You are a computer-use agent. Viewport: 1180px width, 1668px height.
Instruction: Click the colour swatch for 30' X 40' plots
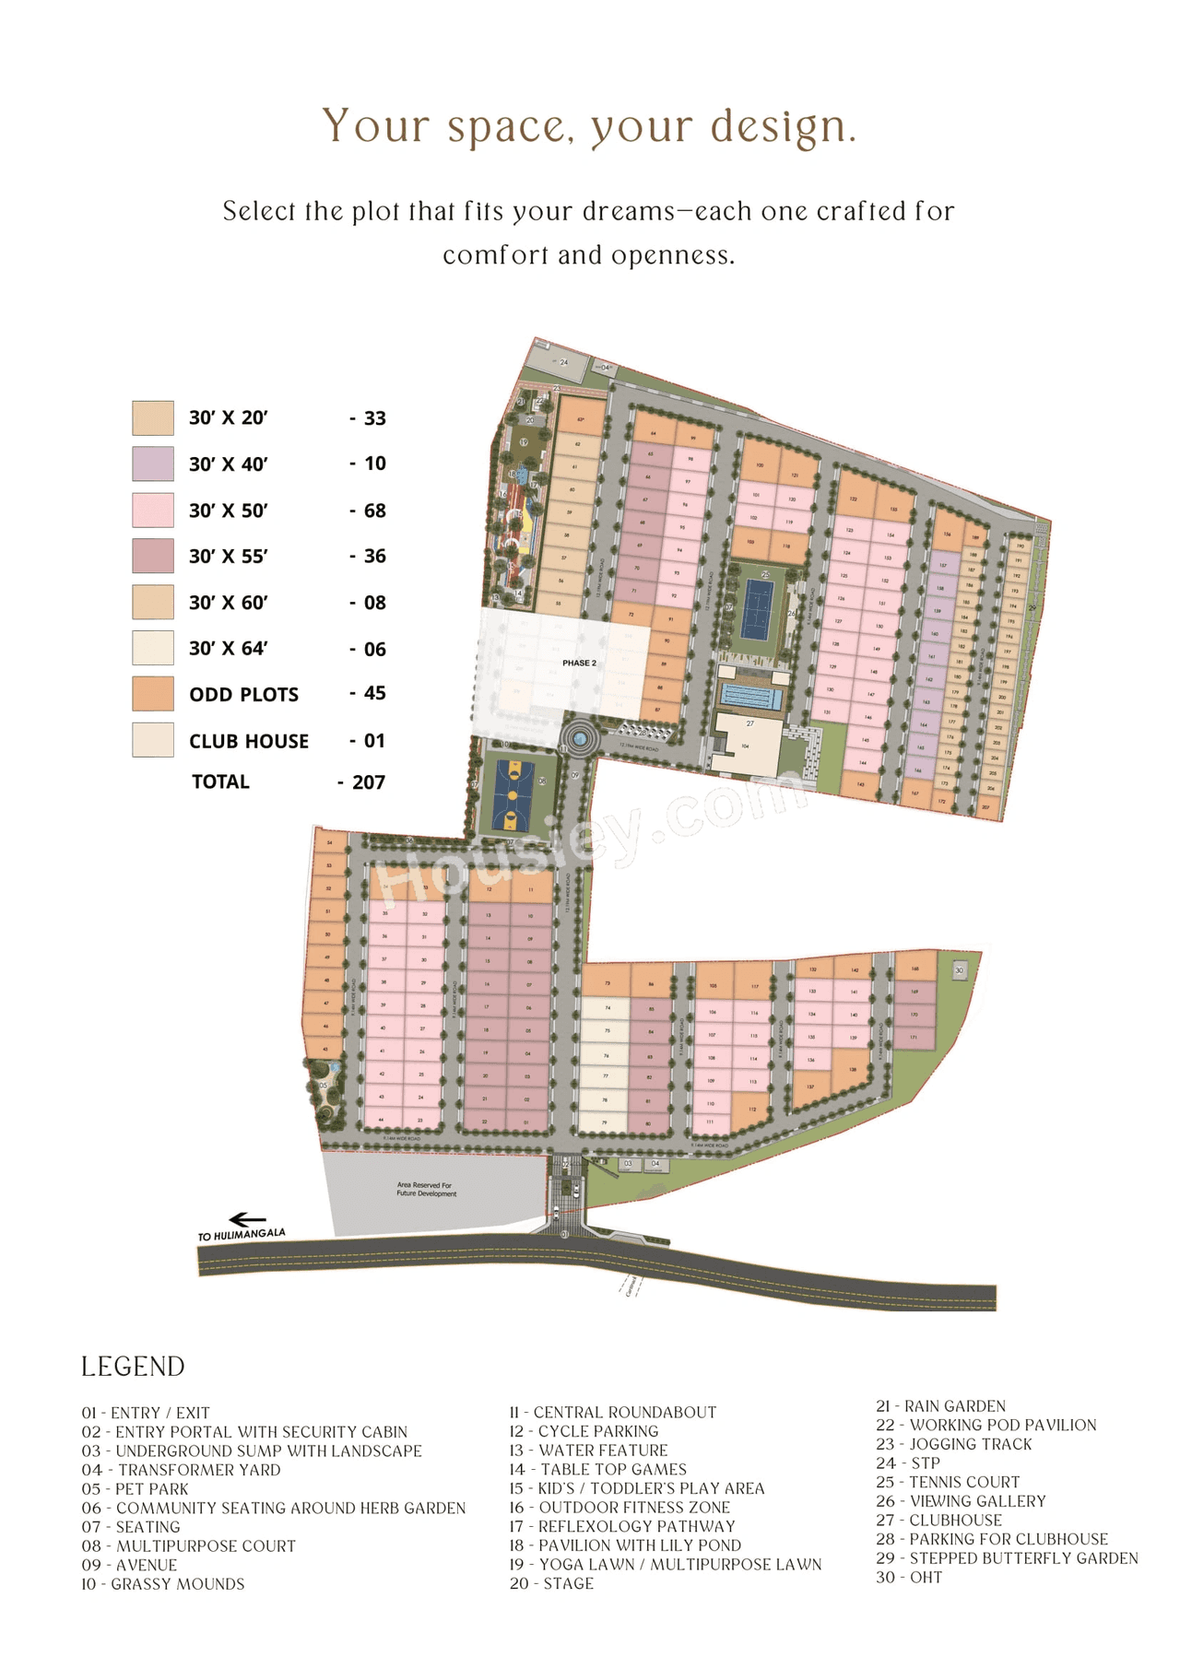[152, 464]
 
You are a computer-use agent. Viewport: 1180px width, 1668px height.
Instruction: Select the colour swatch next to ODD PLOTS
[152, 694]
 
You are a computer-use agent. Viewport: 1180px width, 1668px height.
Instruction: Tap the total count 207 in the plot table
[368, 782]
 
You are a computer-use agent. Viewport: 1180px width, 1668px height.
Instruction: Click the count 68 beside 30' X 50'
[374, 511]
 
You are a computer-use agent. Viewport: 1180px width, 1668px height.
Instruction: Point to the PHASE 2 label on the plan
[579, 663]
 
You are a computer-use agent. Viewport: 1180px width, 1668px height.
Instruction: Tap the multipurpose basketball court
[510, 795]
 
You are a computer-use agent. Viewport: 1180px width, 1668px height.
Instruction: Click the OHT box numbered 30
[959, 970]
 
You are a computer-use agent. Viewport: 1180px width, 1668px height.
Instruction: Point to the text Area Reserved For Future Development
[426, 1189]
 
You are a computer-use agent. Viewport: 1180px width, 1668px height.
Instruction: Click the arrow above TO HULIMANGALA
[246, 1220]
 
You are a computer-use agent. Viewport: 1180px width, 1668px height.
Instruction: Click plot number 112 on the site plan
[752, 1110]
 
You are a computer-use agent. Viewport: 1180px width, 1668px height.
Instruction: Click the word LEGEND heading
[133, 1367]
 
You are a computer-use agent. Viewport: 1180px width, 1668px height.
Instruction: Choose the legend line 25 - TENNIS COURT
[948, 1482]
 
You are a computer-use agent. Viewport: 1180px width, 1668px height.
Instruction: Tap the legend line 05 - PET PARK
[135, 1488]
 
